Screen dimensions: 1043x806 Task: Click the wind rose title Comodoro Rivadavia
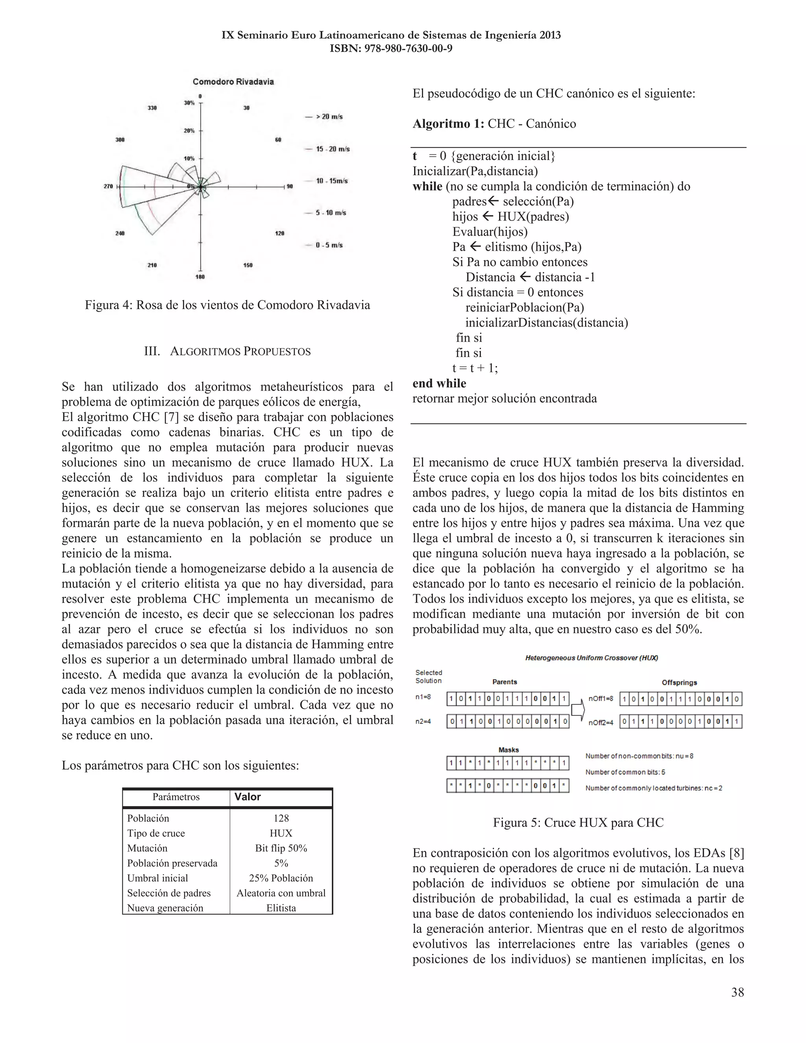click(x=233, y=81)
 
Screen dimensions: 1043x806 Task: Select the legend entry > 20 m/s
click(x=329, y=117)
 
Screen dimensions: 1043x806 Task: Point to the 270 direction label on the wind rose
click(x=108, y=186)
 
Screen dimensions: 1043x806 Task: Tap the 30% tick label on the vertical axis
click(x=189, y=103)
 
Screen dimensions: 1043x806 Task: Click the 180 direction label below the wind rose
click(x=200, y=277)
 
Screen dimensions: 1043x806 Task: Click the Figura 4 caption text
click(x=227, y=305)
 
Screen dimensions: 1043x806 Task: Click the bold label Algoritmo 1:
click(x=448, y=124)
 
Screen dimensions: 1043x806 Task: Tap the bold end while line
click(x=439, y=383)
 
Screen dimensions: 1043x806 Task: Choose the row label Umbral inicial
click(x=157, y=878)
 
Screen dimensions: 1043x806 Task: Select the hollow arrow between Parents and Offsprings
click(x=578, y=710)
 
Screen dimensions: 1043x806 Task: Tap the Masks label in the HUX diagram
click(x=508, y=750)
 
